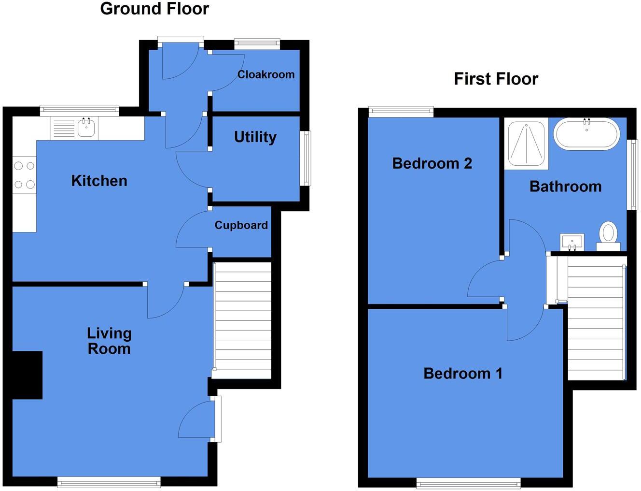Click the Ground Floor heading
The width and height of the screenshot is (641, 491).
tap(154, 9)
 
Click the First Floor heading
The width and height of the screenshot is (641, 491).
tap(496, 79)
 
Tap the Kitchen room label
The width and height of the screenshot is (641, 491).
tap(99, 181)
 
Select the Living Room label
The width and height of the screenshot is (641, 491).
tap(109, 341)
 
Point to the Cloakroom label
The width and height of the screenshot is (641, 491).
tap(265, 74)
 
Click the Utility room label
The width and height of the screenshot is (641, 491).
tap(255, 137)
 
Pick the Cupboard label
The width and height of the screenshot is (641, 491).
tap(241, 225)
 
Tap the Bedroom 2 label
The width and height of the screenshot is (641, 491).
tap(432, 163)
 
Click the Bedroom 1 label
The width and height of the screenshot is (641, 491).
tap(462, 373)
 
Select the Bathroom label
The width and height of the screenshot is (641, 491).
tap(565, 187)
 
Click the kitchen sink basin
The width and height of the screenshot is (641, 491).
tap(86, 128)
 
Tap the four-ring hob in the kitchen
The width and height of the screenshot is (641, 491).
tap(24, 175)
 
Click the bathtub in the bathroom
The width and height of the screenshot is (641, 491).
tap(586, 134)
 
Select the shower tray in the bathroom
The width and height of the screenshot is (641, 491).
tap(526, 144)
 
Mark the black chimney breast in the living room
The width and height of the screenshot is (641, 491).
tap(27, 375)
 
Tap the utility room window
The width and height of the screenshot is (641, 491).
tap(305, 159)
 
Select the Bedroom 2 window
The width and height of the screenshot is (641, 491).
tap(401, 112)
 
